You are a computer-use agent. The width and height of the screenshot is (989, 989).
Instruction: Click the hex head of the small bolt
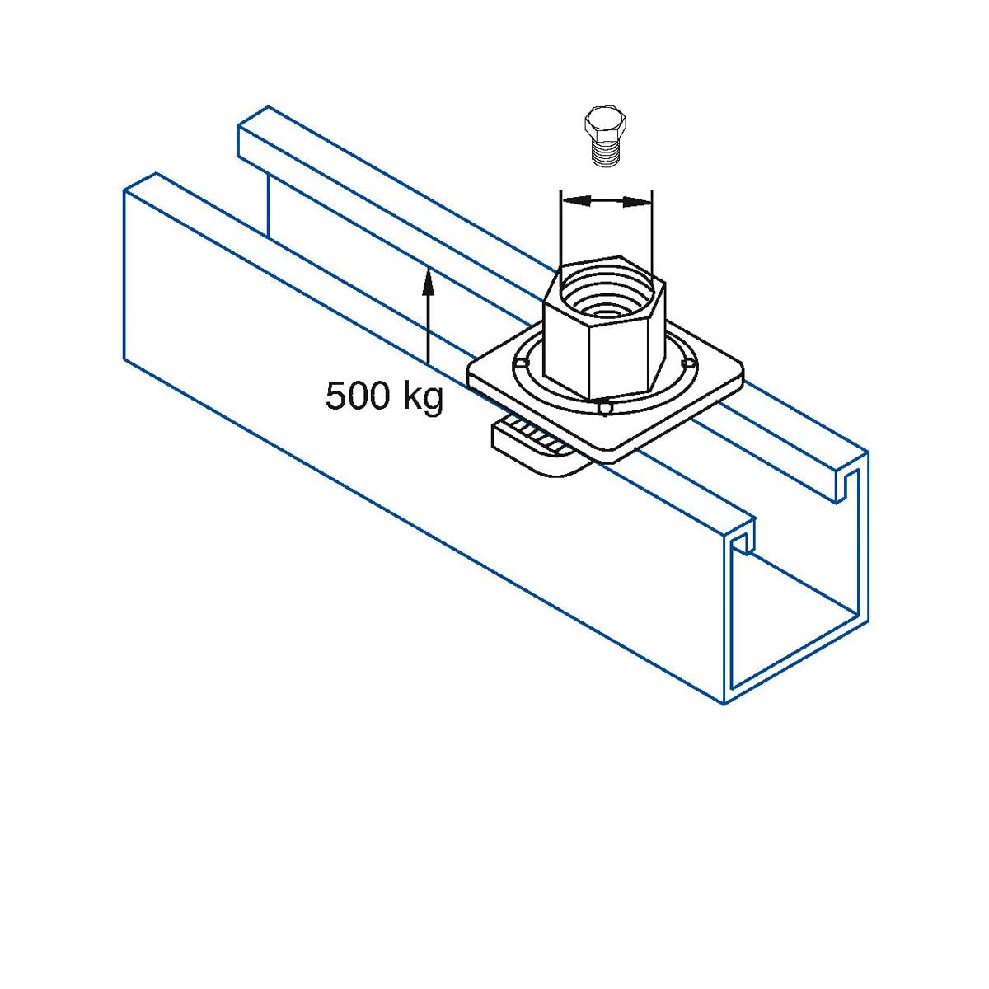tap(605, 123)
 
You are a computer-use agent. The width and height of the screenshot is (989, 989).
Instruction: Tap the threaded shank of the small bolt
tap(606, 153)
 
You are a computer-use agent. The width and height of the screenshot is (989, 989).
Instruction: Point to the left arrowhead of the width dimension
tap(574, 200)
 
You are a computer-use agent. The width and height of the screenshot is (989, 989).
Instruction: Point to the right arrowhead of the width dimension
tap(636, 202)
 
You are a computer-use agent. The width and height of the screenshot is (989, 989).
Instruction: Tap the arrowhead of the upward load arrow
tap(428, 282)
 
